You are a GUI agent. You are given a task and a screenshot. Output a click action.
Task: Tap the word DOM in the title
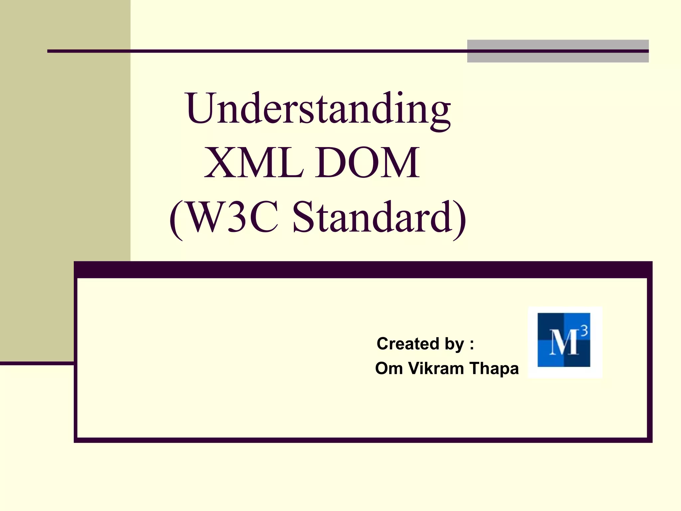368,163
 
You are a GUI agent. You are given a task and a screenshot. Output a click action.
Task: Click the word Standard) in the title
379,218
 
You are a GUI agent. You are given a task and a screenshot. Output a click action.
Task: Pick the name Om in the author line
389,368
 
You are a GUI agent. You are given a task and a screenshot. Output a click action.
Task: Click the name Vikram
436,368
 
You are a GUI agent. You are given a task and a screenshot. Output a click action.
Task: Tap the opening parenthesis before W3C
176,220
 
